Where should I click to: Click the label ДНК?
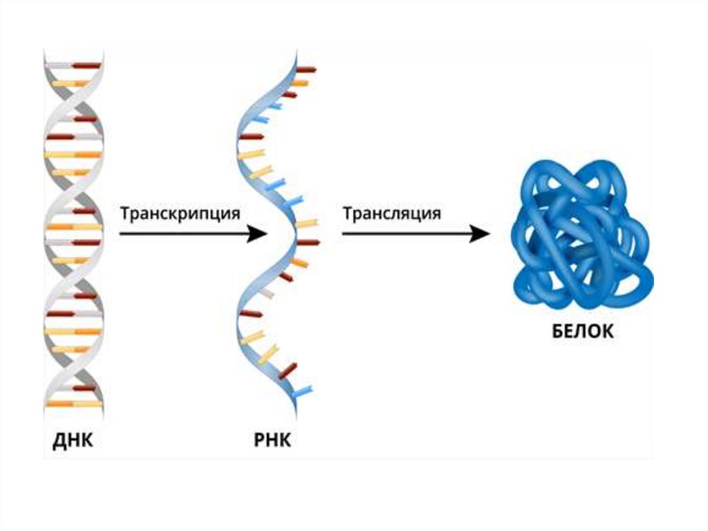coord(73,441)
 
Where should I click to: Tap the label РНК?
coord(272,441)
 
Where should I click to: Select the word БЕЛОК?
coord(582,331)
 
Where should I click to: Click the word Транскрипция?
coord(180,213)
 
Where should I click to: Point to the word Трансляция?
coord(391,213)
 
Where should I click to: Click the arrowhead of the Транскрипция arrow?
coord(259,234)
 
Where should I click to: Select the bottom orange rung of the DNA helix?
coord(74,404)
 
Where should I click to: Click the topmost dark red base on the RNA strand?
coord(306,70)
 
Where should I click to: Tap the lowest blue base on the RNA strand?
coord(303,392)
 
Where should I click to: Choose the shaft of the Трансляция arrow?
coord(404,234)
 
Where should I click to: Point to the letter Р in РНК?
coord(259,441)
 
